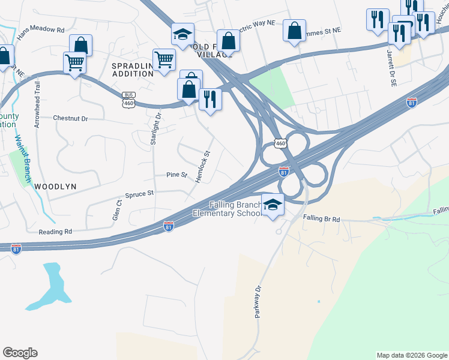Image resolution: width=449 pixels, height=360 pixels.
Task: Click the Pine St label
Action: (177, 175)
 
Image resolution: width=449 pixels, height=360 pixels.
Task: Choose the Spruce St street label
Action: (139, 194)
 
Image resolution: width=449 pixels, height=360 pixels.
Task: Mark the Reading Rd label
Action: (55, 231)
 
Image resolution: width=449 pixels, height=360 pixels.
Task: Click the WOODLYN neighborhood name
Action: (55, 187)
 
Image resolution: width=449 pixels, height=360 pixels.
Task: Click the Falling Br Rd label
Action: (321, 220)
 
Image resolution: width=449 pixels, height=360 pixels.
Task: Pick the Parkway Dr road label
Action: (259, 302)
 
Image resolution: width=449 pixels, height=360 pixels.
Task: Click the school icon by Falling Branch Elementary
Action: (273, 204)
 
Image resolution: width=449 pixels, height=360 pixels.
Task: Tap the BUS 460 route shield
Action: (128, 100)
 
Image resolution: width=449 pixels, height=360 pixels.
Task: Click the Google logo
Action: (20, 352)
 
